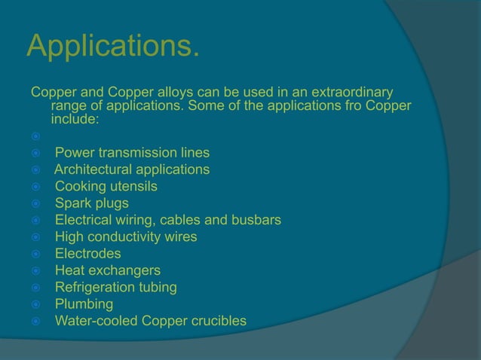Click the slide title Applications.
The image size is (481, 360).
pos(114,47)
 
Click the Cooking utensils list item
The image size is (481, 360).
pos(106,187)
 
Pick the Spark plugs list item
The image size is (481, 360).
pos(91,203)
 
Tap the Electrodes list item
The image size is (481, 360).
pos(87,254)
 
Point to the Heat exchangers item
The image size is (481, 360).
pos(107,270)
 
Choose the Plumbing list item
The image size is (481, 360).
pos(84,304)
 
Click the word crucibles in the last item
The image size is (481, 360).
pos(217,322)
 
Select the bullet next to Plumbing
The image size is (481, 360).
pos(35,305)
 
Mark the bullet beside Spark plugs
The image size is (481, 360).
pos(35,204)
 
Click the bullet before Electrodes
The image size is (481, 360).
pos(35,255)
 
